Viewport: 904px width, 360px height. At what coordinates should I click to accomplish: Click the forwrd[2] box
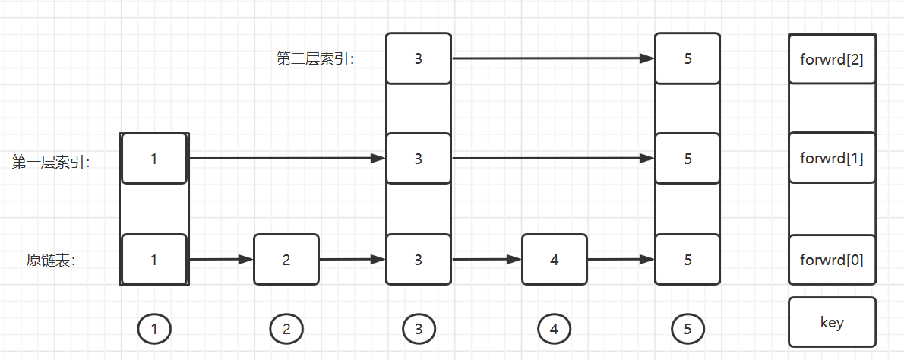(832, 58)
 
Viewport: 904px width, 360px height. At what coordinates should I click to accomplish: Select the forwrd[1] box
(832, 159)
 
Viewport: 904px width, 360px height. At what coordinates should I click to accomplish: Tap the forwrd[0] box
(832, 260)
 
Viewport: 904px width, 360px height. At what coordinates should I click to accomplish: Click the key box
(832, 322)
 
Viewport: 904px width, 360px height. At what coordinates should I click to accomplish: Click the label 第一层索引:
(51, 161)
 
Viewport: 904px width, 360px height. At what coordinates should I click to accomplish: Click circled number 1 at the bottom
(154, 329)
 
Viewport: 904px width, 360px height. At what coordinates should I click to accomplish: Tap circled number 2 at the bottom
(286, 329)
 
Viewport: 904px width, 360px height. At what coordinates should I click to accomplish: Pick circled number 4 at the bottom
(554, 329)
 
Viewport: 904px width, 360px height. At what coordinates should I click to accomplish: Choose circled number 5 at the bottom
(687, 329)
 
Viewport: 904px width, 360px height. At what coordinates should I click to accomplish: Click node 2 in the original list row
(286, 260)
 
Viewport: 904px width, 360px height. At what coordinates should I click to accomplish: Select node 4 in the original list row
(554, 260)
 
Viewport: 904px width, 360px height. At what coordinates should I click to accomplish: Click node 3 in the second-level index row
(419, 58)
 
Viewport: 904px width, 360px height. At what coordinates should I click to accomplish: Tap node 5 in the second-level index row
(687, 58)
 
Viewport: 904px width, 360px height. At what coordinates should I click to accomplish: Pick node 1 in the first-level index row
(154, 159)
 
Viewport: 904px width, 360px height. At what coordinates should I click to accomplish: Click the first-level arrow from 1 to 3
(286, 159)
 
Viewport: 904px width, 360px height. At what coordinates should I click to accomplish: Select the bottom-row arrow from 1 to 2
(220, 260)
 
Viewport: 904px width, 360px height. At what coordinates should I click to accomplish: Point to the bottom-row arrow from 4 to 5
(621, 260)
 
